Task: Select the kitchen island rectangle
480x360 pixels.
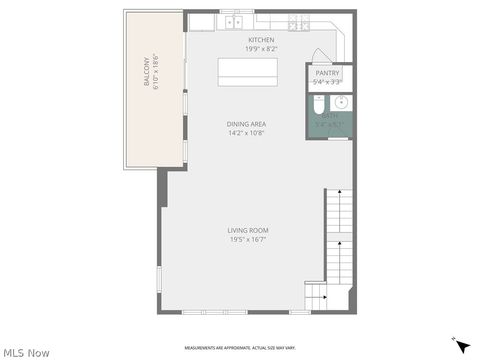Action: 248,73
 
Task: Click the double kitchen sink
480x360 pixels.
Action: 235,20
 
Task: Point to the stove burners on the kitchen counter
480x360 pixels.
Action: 297,21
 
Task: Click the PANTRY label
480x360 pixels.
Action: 328,73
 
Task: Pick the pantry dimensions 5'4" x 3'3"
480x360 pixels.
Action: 328,82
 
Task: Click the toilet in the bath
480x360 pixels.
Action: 319,103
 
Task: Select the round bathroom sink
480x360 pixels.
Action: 341,102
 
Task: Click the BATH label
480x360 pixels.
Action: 329,117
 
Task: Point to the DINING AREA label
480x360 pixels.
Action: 246,123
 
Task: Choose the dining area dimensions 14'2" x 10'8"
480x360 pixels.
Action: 246,132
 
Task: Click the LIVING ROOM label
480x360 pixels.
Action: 247,230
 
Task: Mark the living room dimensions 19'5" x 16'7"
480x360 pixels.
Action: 247,239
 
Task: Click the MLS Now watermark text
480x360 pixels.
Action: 26,352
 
